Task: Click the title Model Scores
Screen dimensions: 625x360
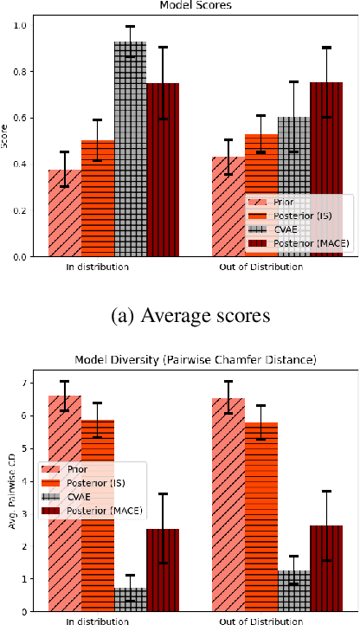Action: tap(179, 5)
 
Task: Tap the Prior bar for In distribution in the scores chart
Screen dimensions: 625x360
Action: tap(65, 213)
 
